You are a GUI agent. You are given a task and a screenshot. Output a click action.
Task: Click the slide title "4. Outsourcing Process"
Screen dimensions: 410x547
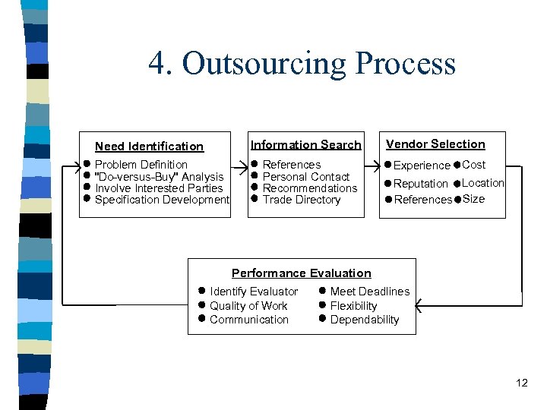[x=302, y=64]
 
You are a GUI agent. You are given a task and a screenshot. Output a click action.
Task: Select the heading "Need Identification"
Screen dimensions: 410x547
[x=149, y=147]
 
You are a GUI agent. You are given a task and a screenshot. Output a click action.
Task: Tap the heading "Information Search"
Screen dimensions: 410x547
[x=305, y=145]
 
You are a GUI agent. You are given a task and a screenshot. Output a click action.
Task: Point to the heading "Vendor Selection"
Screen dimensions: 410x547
[x=435, y=144]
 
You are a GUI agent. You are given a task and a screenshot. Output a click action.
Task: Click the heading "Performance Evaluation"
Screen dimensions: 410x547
[x=301, y=273]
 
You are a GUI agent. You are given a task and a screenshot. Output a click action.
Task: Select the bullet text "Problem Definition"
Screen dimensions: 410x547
[x=141, y=165]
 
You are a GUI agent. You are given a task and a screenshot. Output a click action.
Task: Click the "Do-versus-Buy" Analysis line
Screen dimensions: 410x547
[x=158, y=177]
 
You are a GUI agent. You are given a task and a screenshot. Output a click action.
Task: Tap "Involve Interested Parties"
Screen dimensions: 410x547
[x=159, y=188]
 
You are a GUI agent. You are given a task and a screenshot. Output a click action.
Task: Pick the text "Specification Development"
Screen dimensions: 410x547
[x=161, y=200]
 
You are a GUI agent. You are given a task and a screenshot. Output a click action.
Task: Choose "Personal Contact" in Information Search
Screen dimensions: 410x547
[x=305, y=177]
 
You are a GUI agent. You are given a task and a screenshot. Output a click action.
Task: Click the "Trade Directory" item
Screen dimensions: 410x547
[x=301, y=200]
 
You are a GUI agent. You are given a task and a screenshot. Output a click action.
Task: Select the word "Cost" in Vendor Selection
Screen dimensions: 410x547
[x=473, y=165]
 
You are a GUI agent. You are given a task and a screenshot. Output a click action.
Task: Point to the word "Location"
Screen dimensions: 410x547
[x=482, y=183]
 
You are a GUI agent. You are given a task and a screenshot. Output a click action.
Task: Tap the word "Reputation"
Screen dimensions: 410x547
[x=420, y=184]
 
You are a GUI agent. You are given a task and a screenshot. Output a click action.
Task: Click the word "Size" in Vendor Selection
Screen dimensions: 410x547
[x=473, y=199]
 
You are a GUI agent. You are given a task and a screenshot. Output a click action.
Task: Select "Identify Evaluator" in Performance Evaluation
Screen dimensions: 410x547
[x=254, y=292]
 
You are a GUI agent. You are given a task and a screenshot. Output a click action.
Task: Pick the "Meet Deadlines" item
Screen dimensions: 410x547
[x=369, y=292]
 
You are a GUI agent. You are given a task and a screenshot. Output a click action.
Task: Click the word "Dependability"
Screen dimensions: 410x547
[x=364, y=320]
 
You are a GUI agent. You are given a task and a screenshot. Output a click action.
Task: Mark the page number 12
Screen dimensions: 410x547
[x=521, y=383]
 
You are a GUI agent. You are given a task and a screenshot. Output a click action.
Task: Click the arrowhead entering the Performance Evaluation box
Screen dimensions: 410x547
[x=421, y=306]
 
